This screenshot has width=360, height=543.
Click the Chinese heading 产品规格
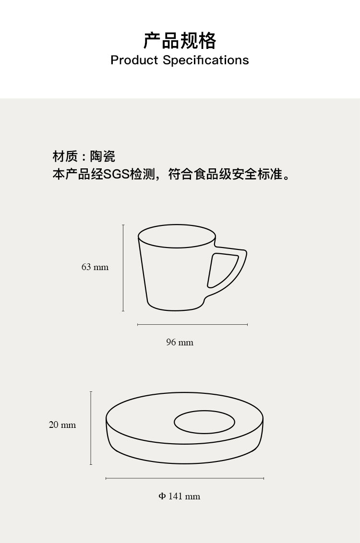coord(180,41)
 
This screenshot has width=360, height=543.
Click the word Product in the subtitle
coord(134,60)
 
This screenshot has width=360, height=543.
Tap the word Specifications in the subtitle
coord(206,60)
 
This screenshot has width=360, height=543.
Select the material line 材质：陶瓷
coord(84,156)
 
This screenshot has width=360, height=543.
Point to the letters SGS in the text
coord(117,174)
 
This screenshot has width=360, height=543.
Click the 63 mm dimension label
coord(95,267)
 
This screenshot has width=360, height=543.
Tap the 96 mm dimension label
coord(180,342)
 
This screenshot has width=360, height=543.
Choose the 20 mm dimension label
coord(62,425)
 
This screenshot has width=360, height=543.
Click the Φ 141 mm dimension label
coord(180,496)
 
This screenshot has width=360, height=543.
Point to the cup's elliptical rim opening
coord(177,236)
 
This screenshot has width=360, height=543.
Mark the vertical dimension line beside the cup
coord(123,268)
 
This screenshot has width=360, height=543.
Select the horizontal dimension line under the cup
coord(192,324)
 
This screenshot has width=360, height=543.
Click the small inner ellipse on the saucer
coord(204,422)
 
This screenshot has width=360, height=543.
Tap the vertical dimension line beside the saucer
coord(91,428)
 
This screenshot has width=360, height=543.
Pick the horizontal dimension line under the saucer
coord(185,478)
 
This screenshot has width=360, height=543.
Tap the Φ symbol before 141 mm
coord(162,496)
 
